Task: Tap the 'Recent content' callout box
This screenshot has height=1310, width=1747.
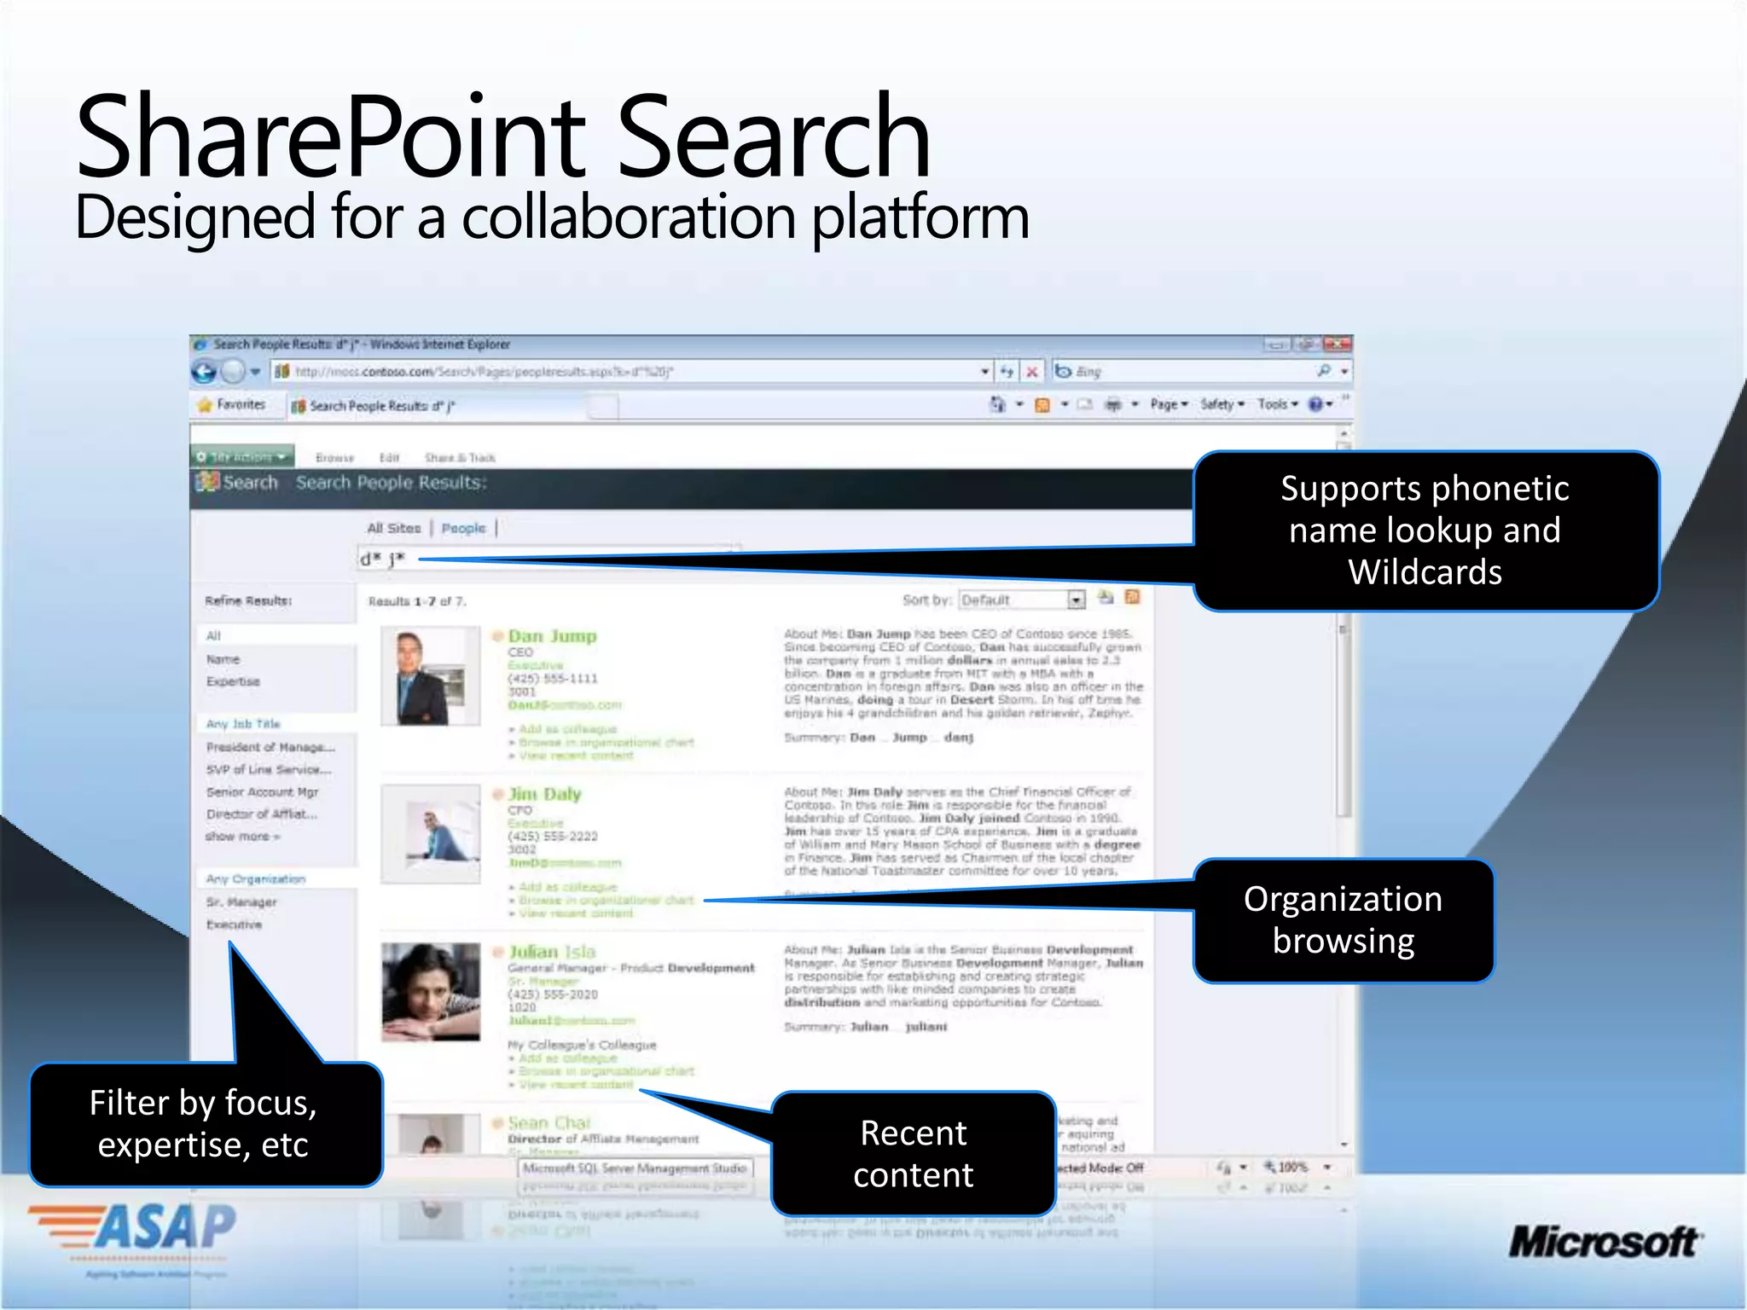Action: pyautogui.click(x=913, y=1154)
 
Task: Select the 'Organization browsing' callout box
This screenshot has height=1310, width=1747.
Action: pyautogui.click(x=1343, y=920)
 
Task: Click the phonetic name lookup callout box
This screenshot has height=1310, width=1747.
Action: pyautogui.click(x=1425, y=530)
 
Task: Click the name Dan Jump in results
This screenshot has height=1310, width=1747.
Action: pyautogui.click(x=552, y=636)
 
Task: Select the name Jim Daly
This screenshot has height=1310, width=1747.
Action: pyautogui.click(x=544, y=794)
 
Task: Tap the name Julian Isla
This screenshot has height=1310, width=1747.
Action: pyautogui.click(x=552, y=952)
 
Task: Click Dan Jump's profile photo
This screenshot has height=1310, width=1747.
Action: pyautogui.click(x=431, y=676)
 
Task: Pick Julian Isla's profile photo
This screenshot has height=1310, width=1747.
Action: pyautogui.click(x=431, y=992)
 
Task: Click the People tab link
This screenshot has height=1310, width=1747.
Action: pyautogui.click(x=463, y=529)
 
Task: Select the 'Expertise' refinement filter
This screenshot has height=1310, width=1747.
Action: pyautogui.click(x=233, y=681)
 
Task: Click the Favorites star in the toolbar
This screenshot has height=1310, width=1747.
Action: pyautogui.click(x=205, y=405)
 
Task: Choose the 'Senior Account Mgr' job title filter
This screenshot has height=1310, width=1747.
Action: pyautogui.click(x=262, y=792)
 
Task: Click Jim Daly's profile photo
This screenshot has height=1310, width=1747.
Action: pyautogui.click(x=431, y=834)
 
